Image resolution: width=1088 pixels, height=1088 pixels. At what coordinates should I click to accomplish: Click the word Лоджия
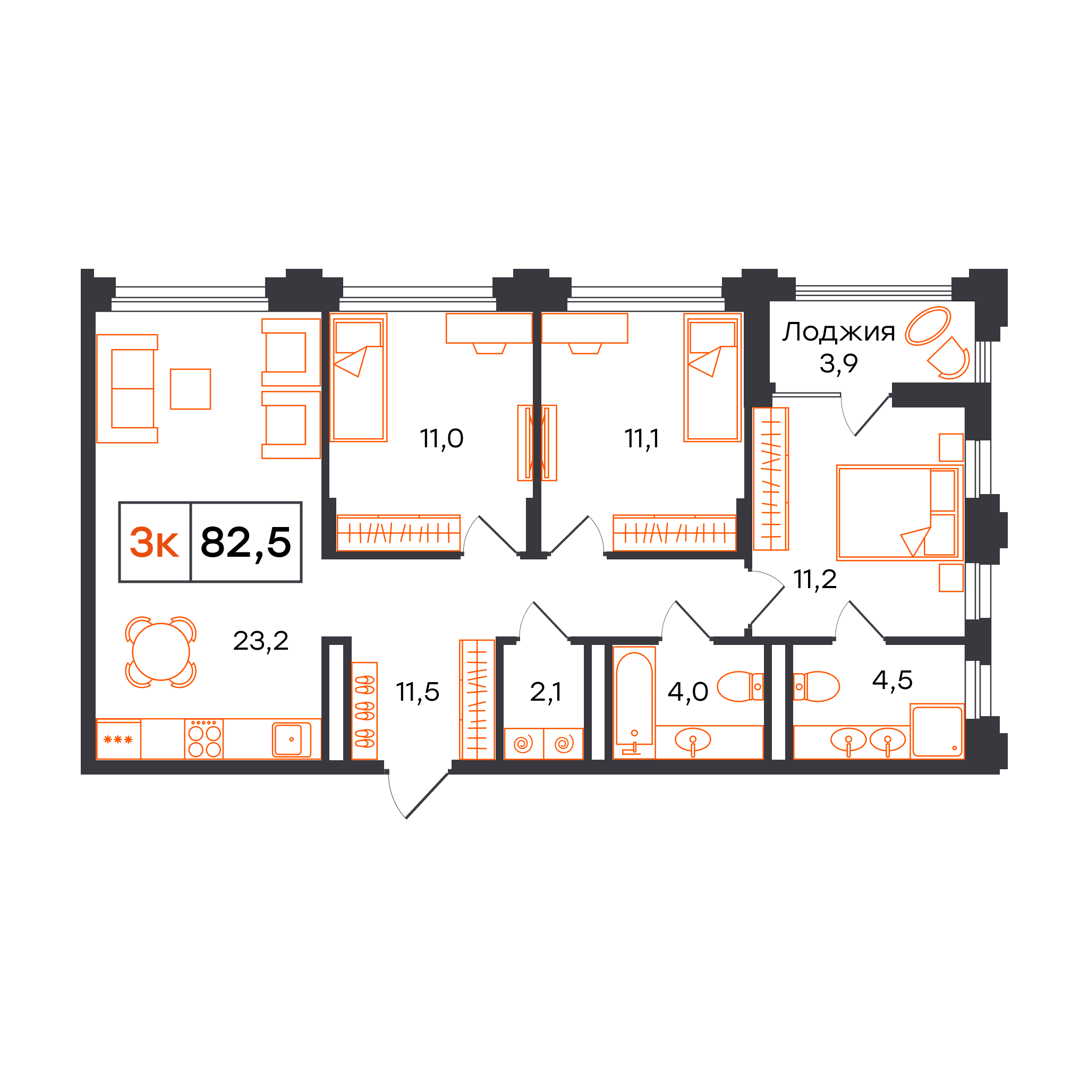point(838,333)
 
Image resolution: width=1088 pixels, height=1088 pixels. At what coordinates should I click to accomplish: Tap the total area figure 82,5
point(246,543)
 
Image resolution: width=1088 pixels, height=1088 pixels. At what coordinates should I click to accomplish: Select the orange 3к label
point(154,543)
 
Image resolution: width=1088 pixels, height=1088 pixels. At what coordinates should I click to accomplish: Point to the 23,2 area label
point(261,641)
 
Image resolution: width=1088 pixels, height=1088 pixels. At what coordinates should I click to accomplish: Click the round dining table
point(161,652)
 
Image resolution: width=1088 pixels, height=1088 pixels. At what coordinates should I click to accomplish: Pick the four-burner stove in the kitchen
point(204,739)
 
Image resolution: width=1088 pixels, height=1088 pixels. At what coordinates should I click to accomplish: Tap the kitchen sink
point(292,739)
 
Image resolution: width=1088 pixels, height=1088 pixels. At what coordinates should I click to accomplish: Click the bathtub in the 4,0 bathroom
point(634,703)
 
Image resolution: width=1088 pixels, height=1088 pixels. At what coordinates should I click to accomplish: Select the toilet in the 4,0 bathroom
point(741,686)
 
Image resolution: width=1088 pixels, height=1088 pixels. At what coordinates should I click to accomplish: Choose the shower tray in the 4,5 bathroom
point(937,731)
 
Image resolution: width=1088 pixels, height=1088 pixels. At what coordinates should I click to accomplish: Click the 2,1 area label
point(546,692)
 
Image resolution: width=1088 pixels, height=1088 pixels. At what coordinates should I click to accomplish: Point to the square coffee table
point(190,389)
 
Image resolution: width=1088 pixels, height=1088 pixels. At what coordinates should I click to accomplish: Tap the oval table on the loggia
point(928,326)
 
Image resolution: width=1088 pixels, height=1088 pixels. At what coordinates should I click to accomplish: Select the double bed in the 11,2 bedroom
point(900,513)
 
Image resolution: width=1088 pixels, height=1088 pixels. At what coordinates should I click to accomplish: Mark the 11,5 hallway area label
point(417,692)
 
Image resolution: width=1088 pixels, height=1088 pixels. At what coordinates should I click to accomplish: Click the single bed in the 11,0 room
point(358,377)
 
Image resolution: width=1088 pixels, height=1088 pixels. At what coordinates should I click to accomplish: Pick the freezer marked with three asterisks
point(118,739)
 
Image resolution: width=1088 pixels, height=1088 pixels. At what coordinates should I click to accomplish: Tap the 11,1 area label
point(641,438)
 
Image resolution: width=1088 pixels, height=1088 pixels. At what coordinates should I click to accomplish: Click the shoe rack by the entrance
point(364,711)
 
